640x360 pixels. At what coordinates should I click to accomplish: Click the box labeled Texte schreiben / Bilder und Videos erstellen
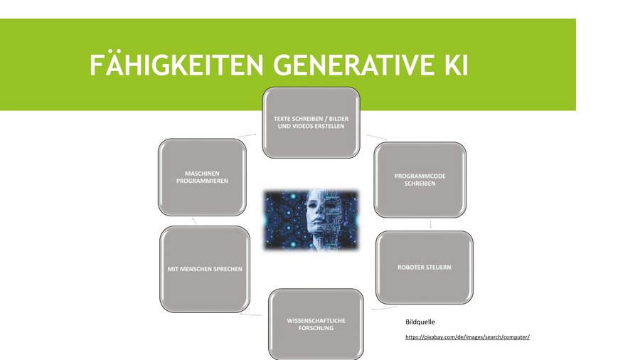pos(311,122)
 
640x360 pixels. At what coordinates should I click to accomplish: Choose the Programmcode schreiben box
pos(420,179)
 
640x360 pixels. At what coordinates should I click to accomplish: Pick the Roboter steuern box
pos(425,268)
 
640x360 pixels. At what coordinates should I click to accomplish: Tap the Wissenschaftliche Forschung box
pos(316,324)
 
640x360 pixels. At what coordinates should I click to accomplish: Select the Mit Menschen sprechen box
pos(205,269)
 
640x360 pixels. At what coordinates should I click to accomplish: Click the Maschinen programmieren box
pos(202,177)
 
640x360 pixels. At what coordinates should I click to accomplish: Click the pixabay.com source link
pos(467,337)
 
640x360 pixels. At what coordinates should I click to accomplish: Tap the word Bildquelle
pos(420,322)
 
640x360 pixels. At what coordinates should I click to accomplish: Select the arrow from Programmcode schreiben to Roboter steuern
pos(431,224)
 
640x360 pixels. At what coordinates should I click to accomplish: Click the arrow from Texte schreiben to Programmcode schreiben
pos(376,137)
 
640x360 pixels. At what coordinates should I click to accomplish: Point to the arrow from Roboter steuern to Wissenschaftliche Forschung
pos(384,308)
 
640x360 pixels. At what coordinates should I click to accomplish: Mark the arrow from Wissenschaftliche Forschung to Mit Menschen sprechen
pos(251,314)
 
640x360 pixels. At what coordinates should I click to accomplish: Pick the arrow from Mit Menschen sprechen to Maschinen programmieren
pos(194,221)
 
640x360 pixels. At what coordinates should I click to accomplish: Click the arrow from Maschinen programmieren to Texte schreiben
pos(247,134)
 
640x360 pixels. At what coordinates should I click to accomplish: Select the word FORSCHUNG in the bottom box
pos(316,328)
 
